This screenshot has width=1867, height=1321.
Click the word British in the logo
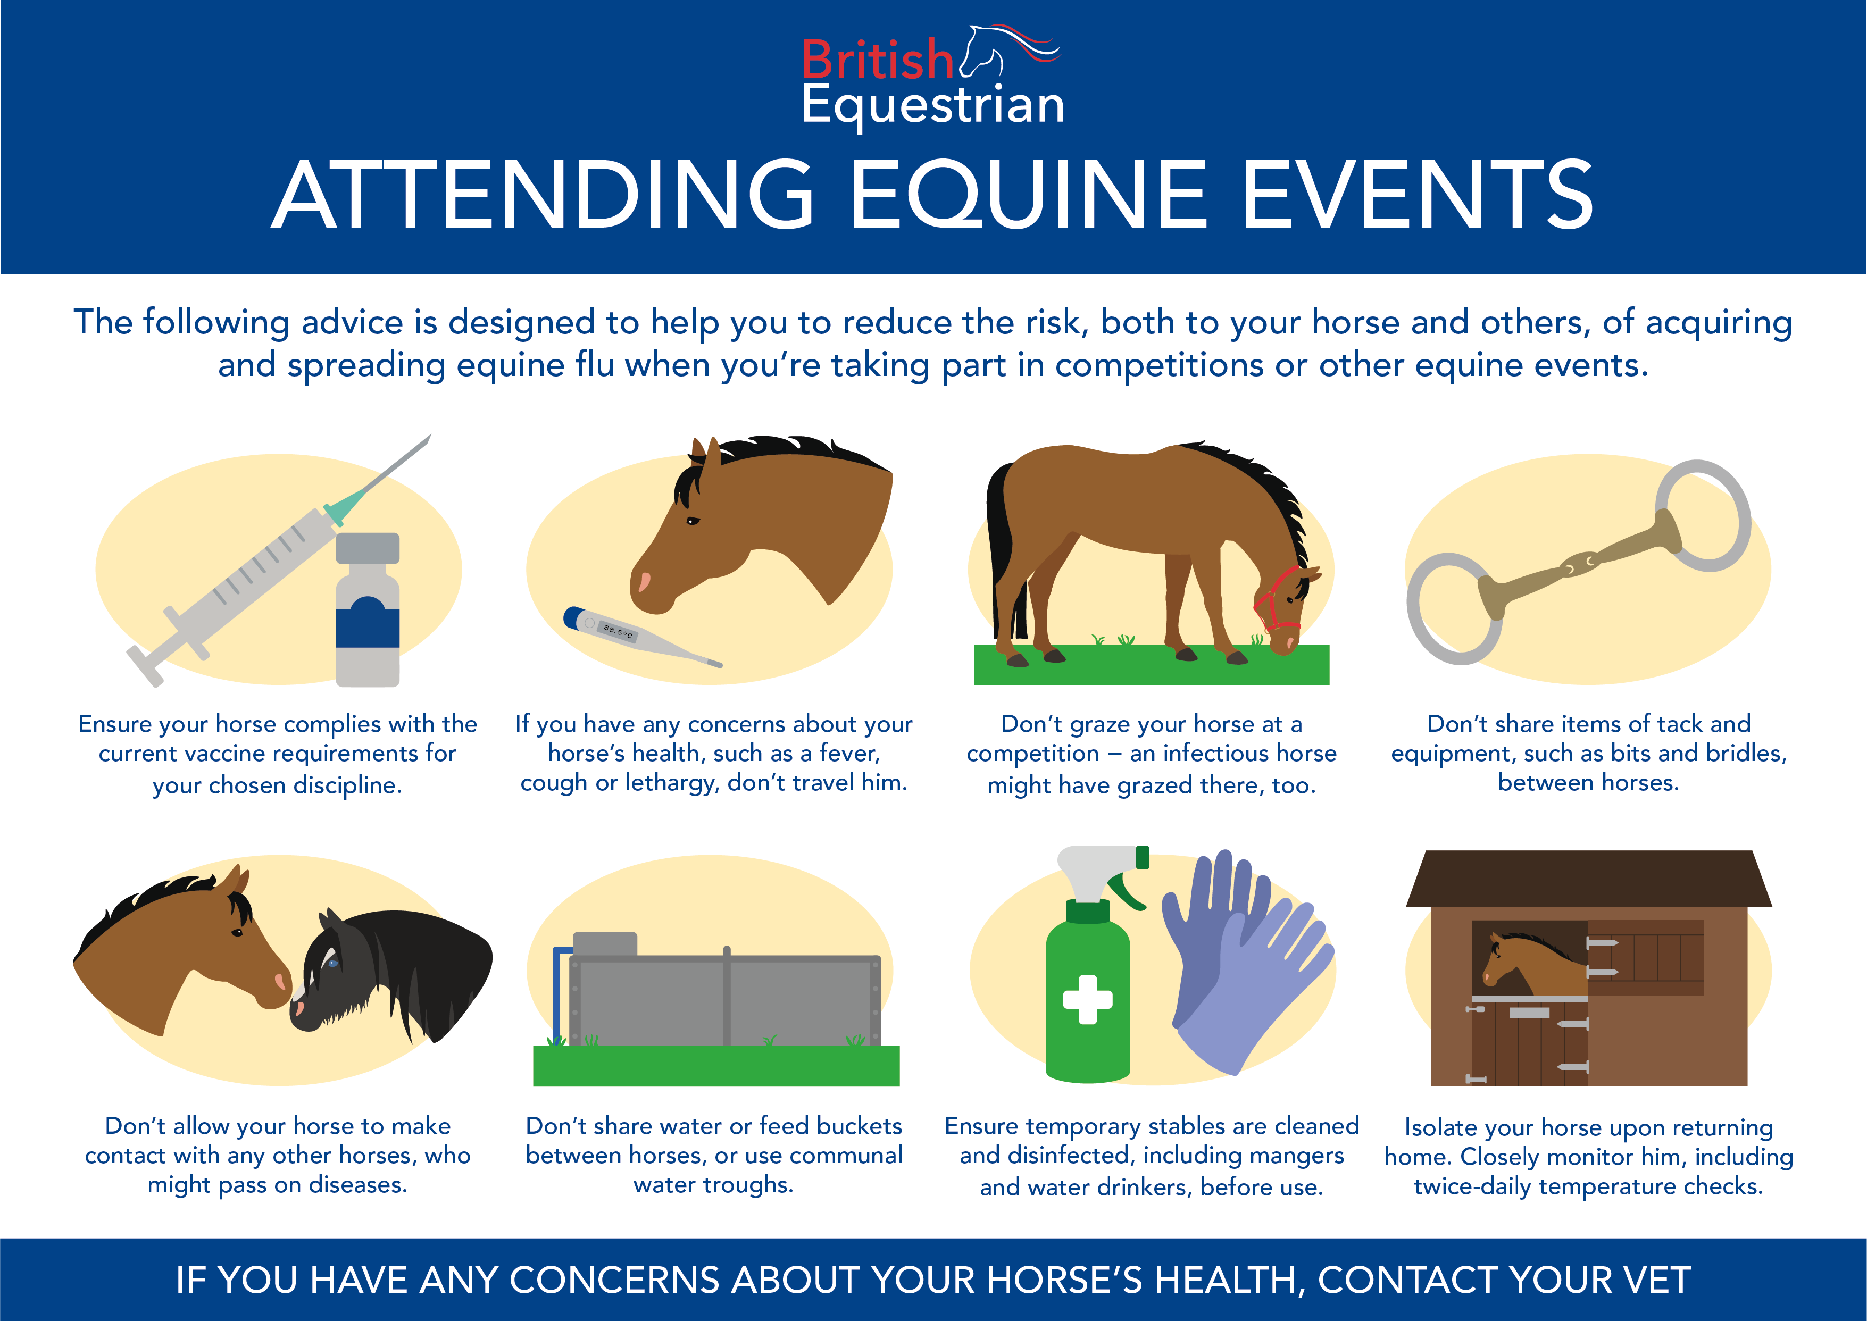pyautogui.click(x=877, y=60)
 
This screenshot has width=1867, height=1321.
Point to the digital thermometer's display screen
pyautogui.click(x=618, y=630)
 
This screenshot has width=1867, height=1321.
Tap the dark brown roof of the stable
pyautogui.click(x=1589, y=879)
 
